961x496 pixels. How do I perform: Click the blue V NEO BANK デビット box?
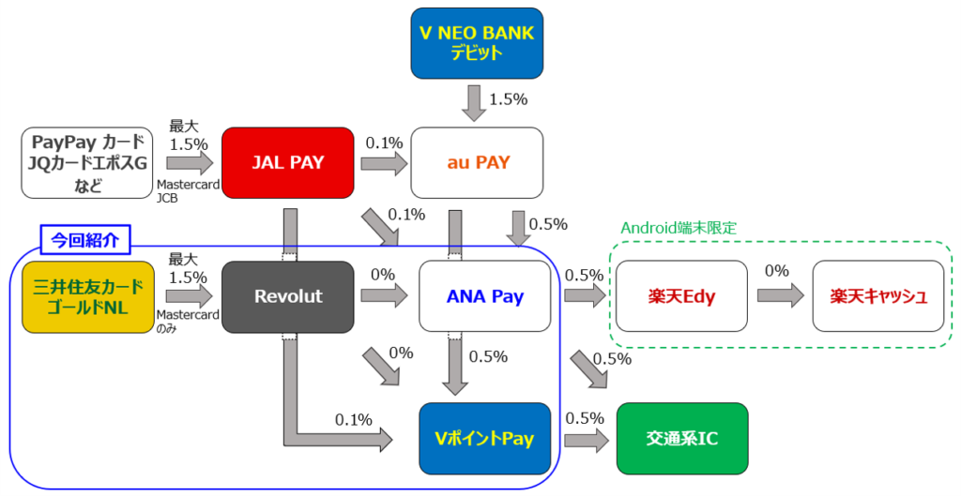477,43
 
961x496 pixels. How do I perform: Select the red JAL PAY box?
287,163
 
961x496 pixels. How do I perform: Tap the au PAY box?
478,163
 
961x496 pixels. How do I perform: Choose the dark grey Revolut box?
287,296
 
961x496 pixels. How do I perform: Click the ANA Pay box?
484,296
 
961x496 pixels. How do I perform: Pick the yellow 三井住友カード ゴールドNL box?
86,296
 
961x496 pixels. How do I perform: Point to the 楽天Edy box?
681,296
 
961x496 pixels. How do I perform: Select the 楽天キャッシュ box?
878,296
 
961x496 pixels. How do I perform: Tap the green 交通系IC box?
682,438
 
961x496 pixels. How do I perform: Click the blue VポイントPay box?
484,438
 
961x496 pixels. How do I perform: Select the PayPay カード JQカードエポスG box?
86,163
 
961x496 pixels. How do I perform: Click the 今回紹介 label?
85,238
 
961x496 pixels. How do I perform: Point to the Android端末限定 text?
679,228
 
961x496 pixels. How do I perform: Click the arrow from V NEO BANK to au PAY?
476,101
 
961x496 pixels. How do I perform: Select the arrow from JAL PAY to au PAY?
384,165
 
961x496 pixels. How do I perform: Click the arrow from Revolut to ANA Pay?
384,296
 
